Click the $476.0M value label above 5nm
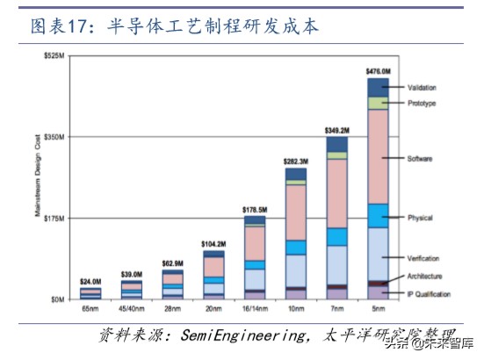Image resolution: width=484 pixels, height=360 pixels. (x=378, y=70)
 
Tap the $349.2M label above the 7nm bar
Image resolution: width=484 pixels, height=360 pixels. (x=337, y=129)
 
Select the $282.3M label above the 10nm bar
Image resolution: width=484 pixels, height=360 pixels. (x=295, y=161)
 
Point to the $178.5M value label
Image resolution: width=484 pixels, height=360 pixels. (x=255, y=208)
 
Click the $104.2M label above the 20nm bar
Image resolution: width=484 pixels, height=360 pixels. (x=213, y=243)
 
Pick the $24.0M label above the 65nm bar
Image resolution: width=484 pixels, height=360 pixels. (x=90, y=281)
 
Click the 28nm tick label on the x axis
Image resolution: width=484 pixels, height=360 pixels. (x=172, y=310)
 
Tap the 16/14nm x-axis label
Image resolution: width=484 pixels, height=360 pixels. (x=255, y=310)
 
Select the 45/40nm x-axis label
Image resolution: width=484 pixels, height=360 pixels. (x=131, y=310)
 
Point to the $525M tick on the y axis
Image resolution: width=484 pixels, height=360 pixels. (x=55, y=55)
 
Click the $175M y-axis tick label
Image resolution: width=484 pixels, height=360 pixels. (x=55, y=218)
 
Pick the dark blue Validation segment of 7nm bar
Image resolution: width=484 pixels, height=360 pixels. (x=337, y=144)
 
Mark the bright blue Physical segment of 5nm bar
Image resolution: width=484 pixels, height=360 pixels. (x=378, y=215)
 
